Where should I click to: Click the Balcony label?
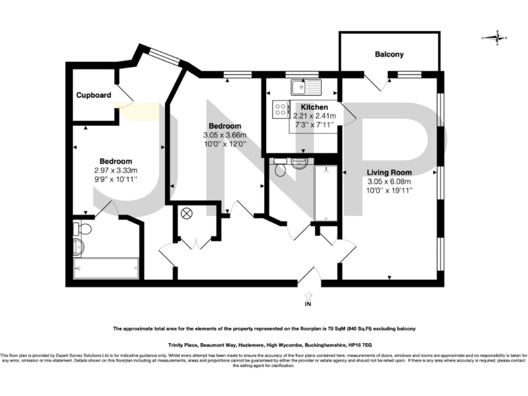(388, 54)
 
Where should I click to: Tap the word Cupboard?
(93, 96)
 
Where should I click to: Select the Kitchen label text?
(313, 107)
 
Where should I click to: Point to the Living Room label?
(388, 172)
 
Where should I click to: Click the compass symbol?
(494, 38)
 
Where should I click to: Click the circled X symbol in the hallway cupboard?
(185, 214)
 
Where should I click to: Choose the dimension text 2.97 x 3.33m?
(115, 170)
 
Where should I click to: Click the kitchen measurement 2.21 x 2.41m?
(313, 116)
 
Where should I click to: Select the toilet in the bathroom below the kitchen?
(278, 170)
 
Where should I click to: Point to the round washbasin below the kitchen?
(299, 163)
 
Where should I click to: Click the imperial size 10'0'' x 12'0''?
(224, 145)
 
